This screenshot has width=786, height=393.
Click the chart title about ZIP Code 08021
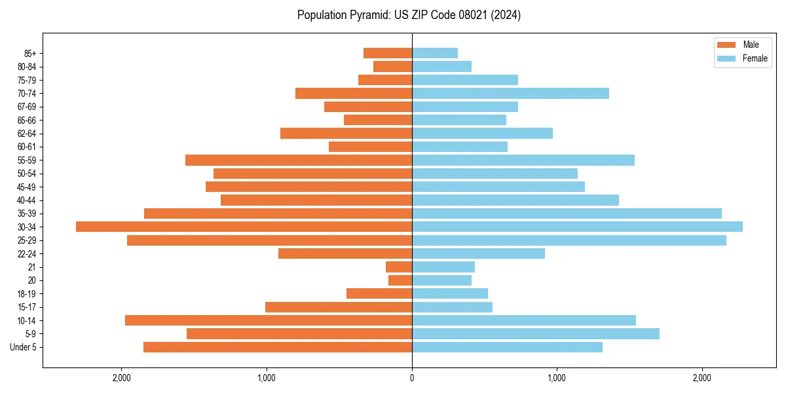409,15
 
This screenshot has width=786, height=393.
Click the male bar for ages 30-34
244,227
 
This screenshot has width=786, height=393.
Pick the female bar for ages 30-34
577,227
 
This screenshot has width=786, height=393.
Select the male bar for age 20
400,280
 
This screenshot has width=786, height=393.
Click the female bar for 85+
435,53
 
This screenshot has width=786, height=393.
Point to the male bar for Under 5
278,347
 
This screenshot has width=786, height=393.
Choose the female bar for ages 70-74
510,93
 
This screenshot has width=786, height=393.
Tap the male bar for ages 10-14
269,320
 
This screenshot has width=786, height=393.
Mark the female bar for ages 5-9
536,334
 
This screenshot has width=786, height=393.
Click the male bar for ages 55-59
299,160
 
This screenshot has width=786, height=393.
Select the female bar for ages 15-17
452,307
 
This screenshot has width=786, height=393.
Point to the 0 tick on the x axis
412,378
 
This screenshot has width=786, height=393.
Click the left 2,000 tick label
121,378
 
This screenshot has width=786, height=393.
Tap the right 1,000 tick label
557,378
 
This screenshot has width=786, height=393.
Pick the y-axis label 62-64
27,134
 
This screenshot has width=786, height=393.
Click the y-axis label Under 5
24,347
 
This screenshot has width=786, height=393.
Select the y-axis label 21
32,267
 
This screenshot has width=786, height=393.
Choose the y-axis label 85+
29,53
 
